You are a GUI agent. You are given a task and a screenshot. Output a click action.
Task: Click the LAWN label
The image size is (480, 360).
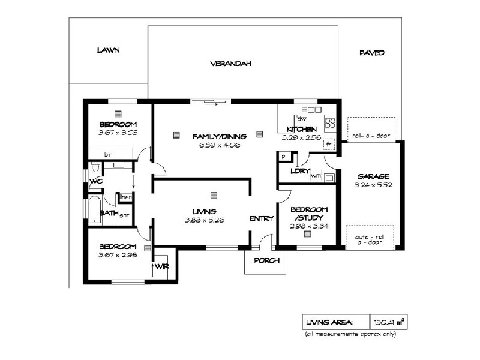tap(109, 50)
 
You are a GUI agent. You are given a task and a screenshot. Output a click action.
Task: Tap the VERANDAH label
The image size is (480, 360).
tap(230, 63)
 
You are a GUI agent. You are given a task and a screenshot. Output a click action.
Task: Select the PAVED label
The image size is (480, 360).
tap(371, 53)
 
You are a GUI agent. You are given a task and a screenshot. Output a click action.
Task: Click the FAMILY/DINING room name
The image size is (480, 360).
tap(217, 137)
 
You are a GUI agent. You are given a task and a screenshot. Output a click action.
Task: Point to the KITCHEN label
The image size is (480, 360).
tap(301, 130)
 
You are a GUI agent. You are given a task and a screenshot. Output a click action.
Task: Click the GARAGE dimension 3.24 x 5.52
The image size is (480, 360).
tap(373, 185)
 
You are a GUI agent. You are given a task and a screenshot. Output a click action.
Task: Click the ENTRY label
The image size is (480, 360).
tap(262, 218)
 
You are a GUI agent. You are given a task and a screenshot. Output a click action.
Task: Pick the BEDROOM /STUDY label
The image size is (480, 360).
tap(307, 214)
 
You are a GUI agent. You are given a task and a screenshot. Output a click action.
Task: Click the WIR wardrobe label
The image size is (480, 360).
tap(161, 265)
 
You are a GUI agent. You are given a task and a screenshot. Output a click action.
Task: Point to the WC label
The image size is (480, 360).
tap(95, 181)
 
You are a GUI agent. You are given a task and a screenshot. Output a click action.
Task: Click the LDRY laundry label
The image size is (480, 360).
tap(299, 171)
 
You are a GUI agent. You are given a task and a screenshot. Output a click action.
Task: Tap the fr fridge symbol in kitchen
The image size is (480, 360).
tap(329, 145)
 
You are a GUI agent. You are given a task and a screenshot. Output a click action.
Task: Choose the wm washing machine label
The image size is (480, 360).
tap(316, 176)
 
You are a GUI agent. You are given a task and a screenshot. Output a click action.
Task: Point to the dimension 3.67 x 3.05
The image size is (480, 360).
tap(118, 133)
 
